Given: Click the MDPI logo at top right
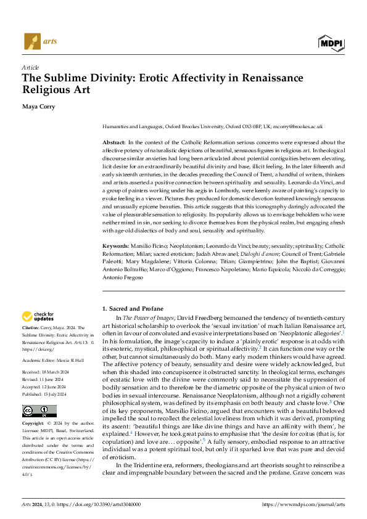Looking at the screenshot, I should click(x=331, y=42).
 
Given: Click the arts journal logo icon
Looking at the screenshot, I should click(x=31, y=43).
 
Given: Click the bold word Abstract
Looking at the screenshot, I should click(x=114, y=142).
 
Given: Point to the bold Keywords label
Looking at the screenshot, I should click(x=116, y=246).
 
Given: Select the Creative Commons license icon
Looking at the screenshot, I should click(x=39, y=411).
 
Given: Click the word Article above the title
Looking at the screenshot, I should click(x=30, y=67).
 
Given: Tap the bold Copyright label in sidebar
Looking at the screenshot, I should click(x=33, y=424).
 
